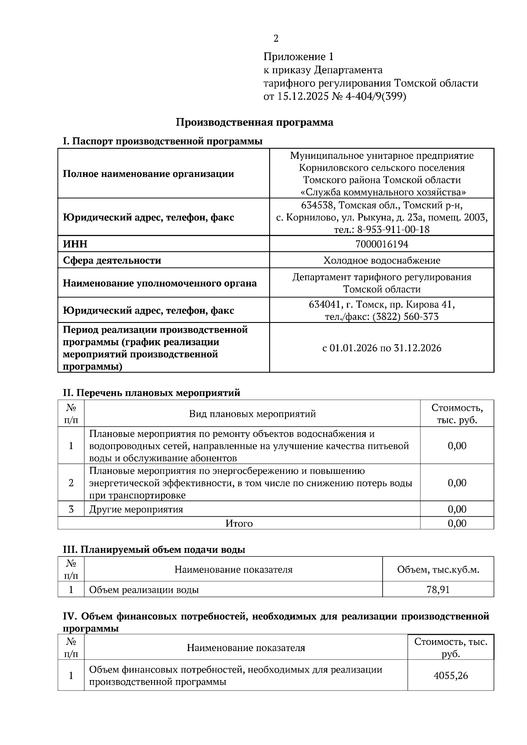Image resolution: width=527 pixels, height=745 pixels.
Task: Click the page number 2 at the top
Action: point(276,39)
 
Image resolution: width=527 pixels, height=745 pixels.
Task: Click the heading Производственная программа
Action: point(254,122)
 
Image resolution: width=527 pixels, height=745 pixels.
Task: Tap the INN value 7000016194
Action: point(382,244)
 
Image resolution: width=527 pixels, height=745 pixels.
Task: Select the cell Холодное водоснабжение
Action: point(382,261)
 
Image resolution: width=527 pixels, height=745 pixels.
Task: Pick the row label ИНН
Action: point(75,244)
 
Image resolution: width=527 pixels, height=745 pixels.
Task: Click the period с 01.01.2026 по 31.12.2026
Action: point(382,348)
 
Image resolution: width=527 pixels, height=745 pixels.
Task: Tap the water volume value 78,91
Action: point(438,590)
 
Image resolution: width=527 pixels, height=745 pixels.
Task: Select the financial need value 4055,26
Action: point(451,676)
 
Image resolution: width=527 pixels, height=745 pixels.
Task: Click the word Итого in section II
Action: point(239,523)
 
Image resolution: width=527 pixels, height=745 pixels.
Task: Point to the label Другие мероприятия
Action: point(136,509)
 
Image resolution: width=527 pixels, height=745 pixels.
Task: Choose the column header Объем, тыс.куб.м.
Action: point(438,569)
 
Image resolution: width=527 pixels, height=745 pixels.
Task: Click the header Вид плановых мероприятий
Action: point(252,414)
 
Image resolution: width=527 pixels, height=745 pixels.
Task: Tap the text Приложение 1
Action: point(299,57)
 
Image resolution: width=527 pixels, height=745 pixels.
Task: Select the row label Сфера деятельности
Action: point(112,261)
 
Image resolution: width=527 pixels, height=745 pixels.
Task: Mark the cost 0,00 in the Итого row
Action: point(457,523)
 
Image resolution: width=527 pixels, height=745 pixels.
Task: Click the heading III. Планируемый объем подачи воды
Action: point(154,549)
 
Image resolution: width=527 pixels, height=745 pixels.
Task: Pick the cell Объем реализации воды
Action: point(144,590)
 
